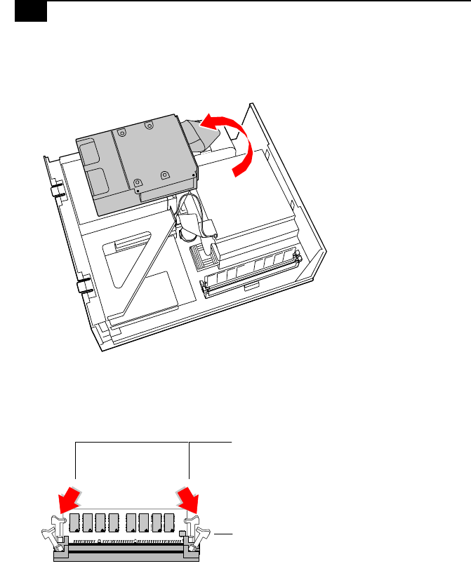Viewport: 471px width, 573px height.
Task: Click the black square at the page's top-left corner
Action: [x=31, y=11]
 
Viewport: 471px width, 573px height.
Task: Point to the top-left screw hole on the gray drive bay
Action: [x=121, y=130]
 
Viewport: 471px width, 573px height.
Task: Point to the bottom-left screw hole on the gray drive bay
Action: [x=138, y=187]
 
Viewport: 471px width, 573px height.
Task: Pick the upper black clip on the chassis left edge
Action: [x=56, y=191]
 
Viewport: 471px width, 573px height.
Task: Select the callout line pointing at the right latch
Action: [x=223, y=534]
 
